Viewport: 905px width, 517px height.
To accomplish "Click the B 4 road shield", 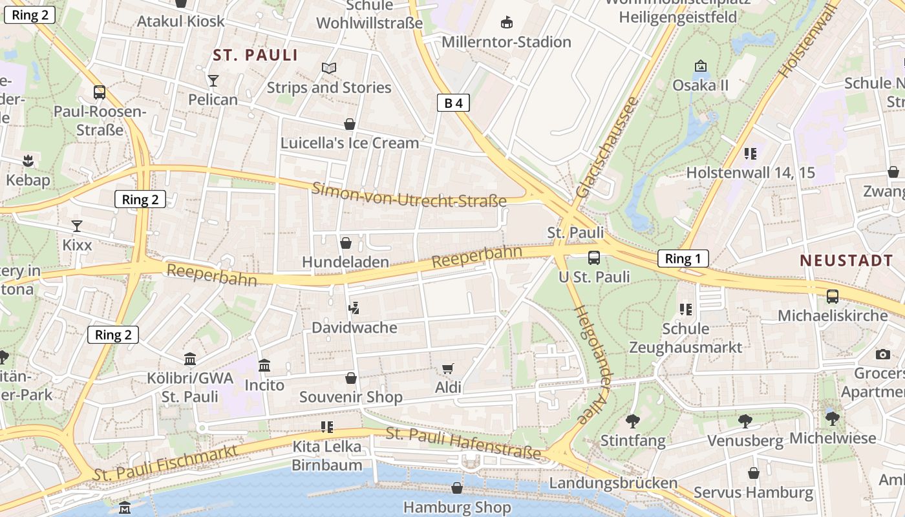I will (453, 103).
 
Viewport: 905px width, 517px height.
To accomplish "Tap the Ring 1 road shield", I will (683, 259).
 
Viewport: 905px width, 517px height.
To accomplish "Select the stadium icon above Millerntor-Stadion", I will (507, 23).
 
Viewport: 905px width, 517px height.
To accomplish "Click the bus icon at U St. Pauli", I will (593, 258).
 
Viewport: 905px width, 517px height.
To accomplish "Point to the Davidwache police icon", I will (354, 308).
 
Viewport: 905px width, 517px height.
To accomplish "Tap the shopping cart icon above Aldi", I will (447, 368).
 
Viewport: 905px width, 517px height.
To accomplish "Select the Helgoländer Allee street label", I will (592, 365).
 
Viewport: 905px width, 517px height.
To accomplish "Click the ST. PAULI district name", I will (255, 56).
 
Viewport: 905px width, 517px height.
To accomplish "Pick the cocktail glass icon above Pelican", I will (213, 80).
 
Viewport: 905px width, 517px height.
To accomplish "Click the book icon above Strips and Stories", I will (329, 68).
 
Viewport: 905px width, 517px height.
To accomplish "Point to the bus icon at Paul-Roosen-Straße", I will (99, 92).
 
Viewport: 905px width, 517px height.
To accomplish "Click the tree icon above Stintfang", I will (632, 421).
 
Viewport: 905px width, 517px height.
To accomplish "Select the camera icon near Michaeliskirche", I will (882, 354).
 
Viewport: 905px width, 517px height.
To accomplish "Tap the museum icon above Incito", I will (264, 366).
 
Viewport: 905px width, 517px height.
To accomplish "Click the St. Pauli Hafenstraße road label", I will (463, 443).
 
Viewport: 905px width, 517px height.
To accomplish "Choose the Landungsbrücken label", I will (613, 483).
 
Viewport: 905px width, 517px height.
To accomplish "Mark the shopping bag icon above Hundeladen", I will (346, 243).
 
